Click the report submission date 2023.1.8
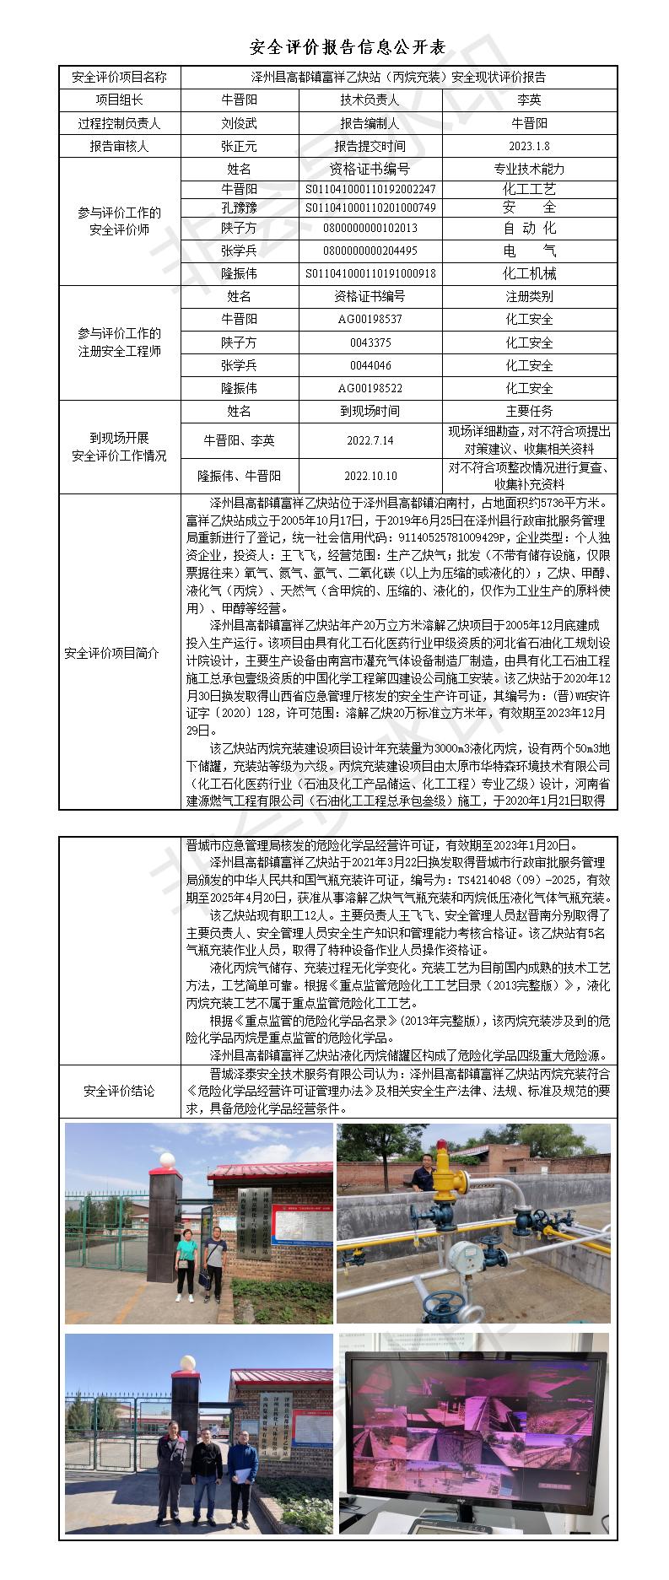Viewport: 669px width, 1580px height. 529,146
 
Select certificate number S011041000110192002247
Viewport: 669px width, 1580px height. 370,189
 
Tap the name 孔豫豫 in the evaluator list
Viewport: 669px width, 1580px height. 239,208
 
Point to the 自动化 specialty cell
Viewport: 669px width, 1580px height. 529,228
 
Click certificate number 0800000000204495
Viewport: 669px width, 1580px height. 370,251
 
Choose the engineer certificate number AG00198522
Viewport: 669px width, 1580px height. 370,388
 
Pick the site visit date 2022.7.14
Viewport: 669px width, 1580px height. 370,440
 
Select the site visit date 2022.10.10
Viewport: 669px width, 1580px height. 370,476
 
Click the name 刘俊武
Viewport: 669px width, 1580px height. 239,123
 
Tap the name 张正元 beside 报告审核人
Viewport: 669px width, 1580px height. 239,146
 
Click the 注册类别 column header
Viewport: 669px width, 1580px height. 529,297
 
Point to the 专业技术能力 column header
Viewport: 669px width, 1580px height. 529,169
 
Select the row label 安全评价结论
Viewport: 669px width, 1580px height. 120,1091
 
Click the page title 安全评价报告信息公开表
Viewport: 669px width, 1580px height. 335,46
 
